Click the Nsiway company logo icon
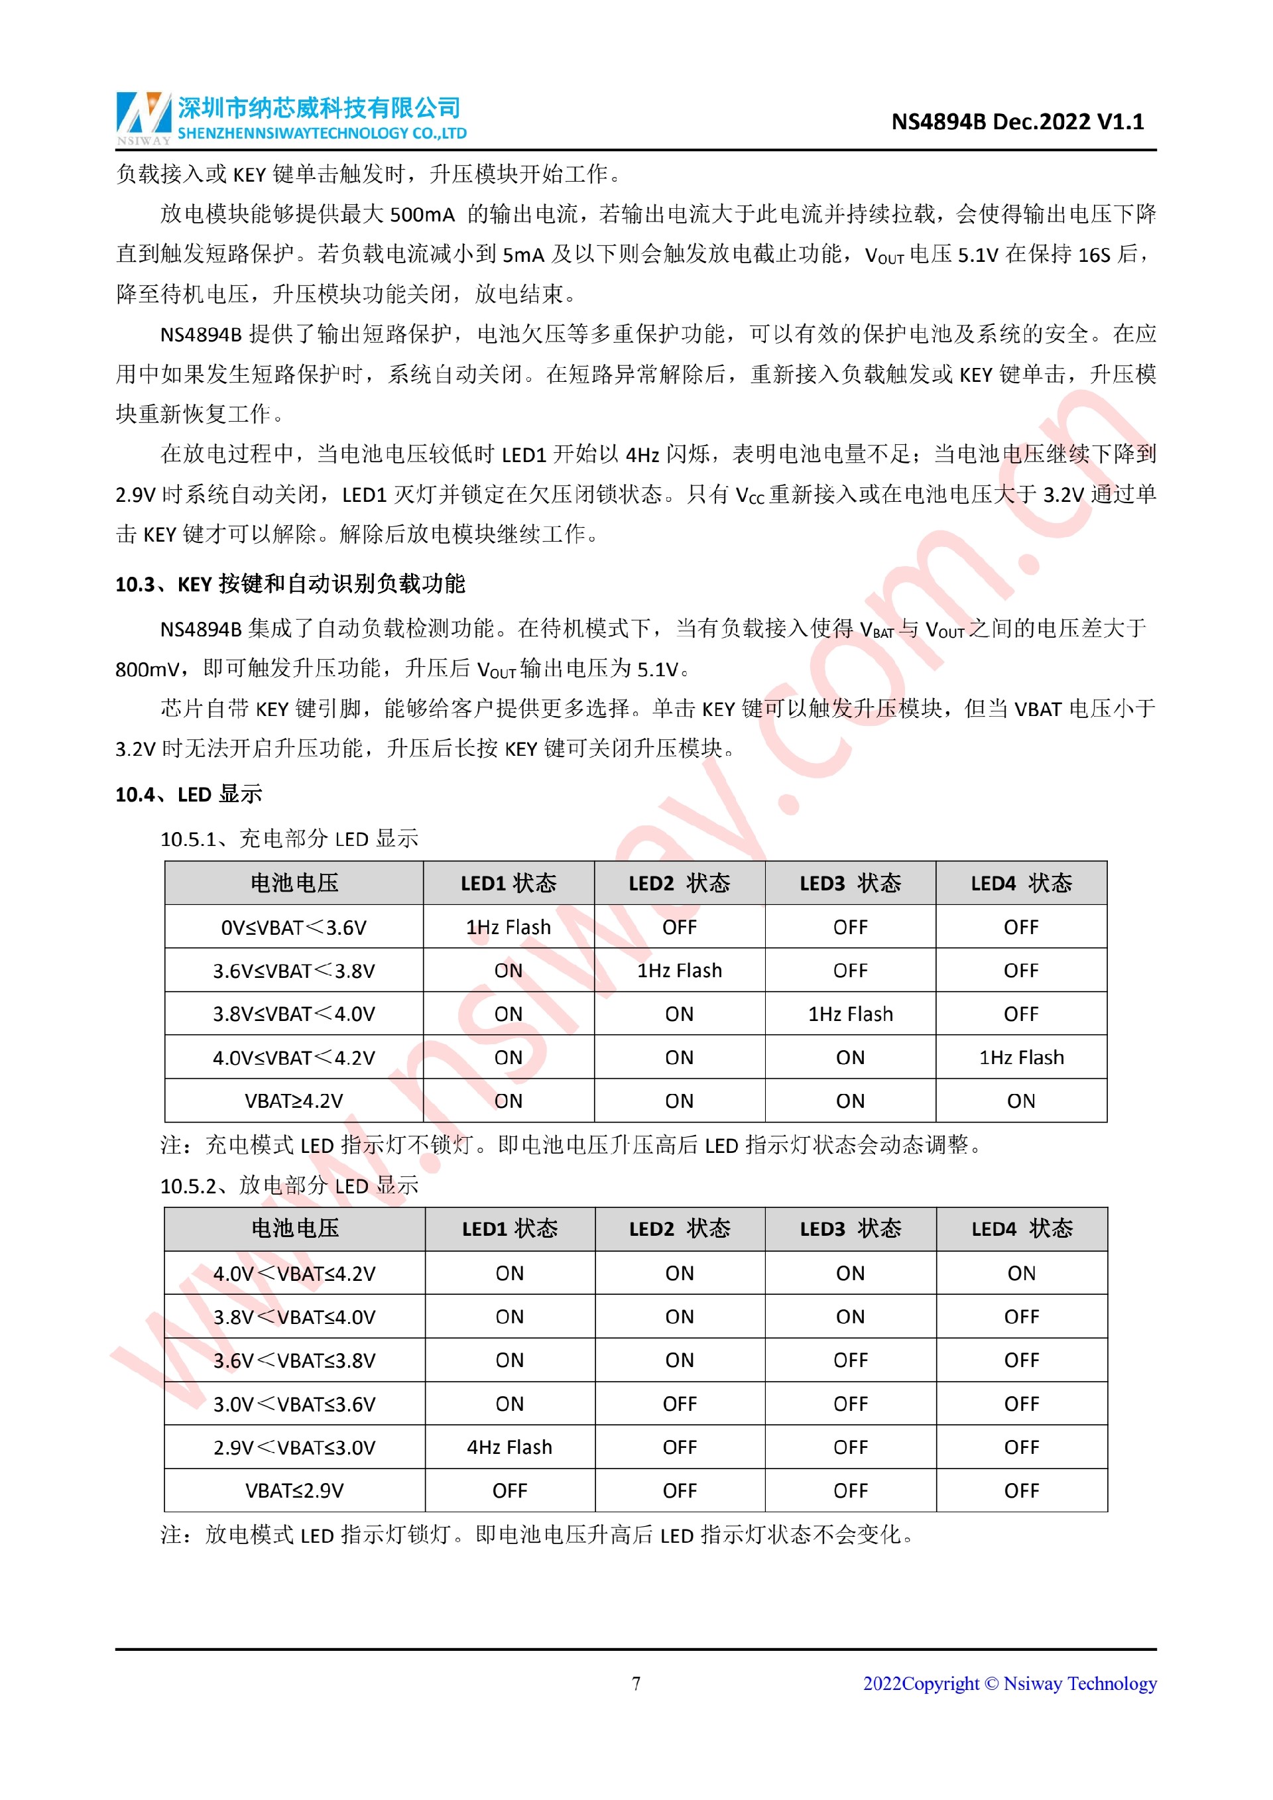pyautogui.click(x=143, y=117)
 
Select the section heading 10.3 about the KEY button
pyautogui.click(x=290, y=584)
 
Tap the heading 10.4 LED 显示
pyautogui.click(x=188, y=794)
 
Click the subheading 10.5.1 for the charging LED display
pyautogui.click(x=289, y=839)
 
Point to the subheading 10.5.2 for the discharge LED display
pyautogui.click(x=289, y=1185)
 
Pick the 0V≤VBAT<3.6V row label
pyautogui.click(x=294, y=928)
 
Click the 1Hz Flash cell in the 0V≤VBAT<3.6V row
pyautogui.click(x=508, y=928)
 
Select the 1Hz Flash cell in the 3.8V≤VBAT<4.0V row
pyautogui.click(x=850, y=1014)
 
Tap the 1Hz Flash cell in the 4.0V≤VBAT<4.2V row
pyautogui.click(x=1020, y=1057)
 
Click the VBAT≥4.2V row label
pyautogui.click(x=294, y=1101)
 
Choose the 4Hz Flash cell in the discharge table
pyautogui.click(x=509, y=1447)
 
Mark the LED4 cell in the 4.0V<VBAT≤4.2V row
pyautogui.click(x=1020, y=1273)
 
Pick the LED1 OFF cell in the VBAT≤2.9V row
pyautogui.click(x=509, y=1490)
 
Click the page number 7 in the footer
pyautogui.click(x=636, y=1683)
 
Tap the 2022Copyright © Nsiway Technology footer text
pyautogui.click(x=1010, y=1683)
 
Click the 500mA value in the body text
pyautogui.click(x=422, y=215)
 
